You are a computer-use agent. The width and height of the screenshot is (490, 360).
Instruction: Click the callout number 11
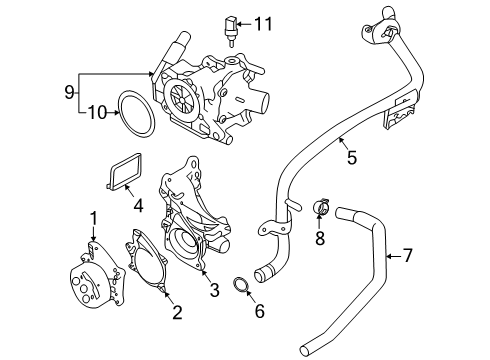point(263,24)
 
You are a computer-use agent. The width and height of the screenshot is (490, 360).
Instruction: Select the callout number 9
point(69,92)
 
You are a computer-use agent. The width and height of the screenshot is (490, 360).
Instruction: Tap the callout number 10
point(97,113)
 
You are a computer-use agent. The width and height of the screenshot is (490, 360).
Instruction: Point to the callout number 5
point(352,157)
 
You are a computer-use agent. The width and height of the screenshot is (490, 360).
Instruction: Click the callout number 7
point(407,256)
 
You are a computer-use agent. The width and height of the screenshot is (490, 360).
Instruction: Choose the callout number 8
point(320,238)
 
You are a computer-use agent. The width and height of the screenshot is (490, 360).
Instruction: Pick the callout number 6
point(260,311)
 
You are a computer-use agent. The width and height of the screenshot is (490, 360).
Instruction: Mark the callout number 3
point(215,290)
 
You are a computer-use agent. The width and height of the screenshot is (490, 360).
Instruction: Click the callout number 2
point(177,312)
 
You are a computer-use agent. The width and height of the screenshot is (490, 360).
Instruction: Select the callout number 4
point(138,205)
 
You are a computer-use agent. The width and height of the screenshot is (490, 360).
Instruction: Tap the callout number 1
point(94,219)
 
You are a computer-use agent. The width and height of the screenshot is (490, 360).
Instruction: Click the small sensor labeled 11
point(230,32)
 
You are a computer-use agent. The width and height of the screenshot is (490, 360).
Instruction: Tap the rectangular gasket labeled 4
point(109,173)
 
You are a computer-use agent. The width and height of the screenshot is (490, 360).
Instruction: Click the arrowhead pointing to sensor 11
point(239,24)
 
